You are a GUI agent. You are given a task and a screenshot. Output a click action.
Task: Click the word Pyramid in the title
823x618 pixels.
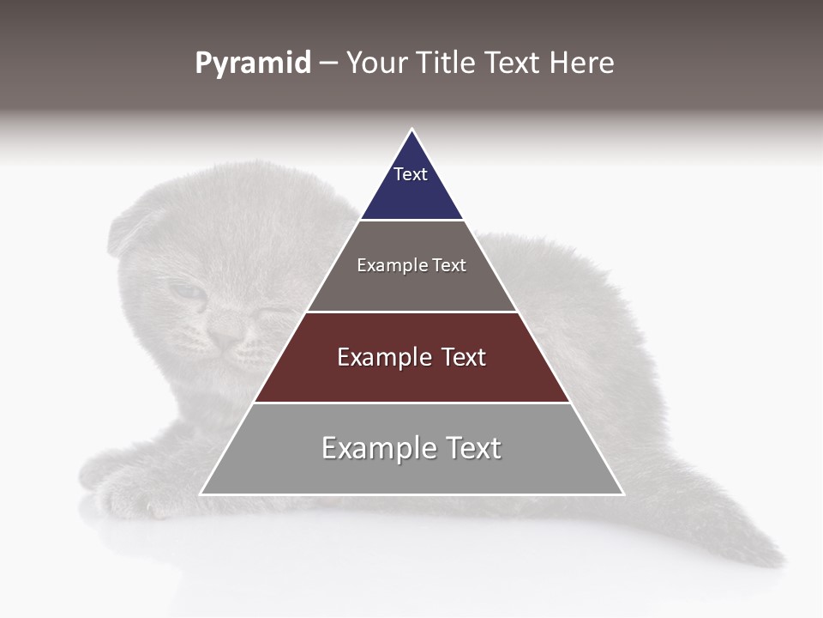click(253, 64)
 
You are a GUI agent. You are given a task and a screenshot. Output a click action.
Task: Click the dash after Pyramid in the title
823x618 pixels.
click(327, 64)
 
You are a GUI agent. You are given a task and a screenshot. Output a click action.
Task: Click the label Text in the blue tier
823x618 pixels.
click(411, 174)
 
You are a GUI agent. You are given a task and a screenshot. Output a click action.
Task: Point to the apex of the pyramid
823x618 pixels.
click(411, 130)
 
